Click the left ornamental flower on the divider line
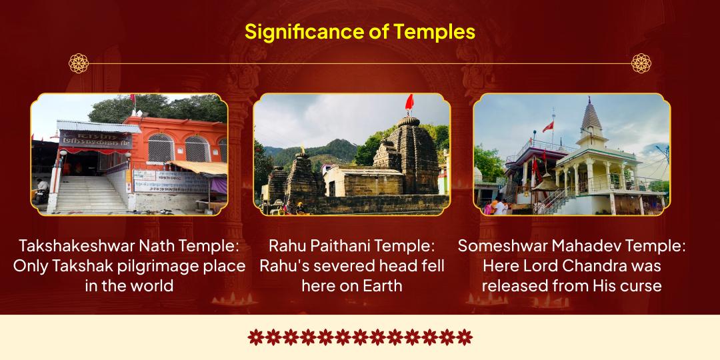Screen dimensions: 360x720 tap(79, 63)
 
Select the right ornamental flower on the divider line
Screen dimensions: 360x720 tap(641, 63)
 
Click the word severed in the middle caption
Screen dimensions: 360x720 tap(355, 265)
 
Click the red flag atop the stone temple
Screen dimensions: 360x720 tap(409, 102)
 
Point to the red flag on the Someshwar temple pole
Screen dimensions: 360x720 tap(548, 126)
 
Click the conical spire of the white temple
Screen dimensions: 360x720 tap(591, 117)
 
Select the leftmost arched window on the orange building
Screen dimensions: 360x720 tap(160, 147)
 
